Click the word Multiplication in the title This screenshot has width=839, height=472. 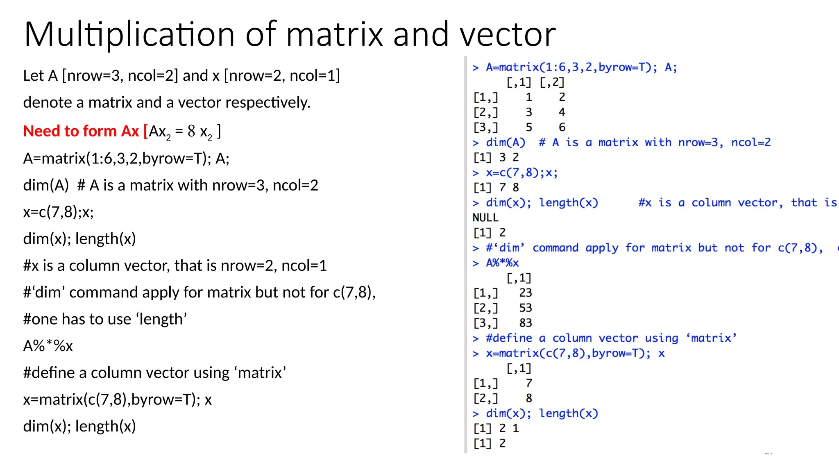click(x=129, y=34)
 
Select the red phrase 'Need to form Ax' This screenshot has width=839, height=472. click(x=81, y=131)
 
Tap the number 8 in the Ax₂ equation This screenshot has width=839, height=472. click(x=191, y=131)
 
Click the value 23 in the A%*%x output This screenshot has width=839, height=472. click(x=525, y=293)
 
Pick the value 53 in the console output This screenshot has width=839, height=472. click(x=525, y=308)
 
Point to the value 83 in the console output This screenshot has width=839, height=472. click(x=525, y=323)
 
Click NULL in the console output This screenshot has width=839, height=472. click(x=485, y=218)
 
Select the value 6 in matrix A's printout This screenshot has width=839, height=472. click(x=562, y=127)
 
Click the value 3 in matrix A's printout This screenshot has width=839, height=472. click(x=529, y=112)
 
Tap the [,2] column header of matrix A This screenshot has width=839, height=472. click(x=552, y=82)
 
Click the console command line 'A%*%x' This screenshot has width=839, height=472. click(x=502, y=263)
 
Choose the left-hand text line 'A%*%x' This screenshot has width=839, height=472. click(x=48, y=346)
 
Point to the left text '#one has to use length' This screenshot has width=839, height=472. click(x=105, y=319)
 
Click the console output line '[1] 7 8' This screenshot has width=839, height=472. click(x=496, y=188)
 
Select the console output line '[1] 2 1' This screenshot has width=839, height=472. click(x=496, y=429)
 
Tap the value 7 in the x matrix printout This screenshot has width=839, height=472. click(x=529, y=383)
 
